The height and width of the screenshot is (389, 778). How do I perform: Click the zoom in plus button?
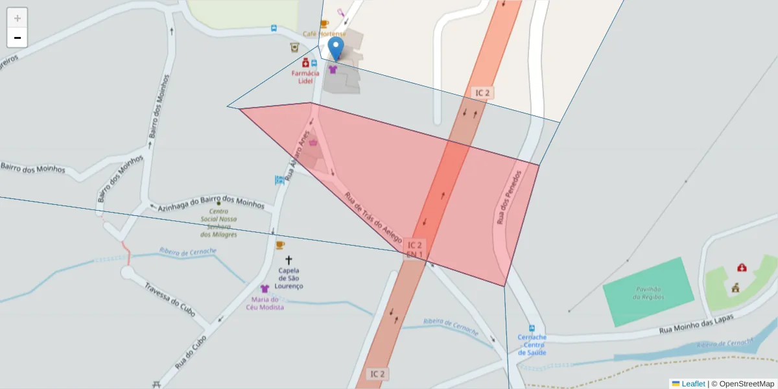point(18,18)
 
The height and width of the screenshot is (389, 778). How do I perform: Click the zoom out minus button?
point(18,38)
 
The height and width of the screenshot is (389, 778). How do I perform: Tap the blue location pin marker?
point(336,49)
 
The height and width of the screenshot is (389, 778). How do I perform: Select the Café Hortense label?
point(324,34)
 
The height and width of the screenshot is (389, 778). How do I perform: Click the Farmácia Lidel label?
point(305,77)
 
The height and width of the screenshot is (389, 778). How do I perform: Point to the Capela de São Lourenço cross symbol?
point(289,260)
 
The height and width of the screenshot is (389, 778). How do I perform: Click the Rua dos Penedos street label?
point(510,198)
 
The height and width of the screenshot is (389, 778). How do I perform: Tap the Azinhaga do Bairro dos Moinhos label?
point(211,203)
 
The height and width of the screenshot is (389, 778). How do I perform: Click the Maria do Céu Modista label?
point(265,303)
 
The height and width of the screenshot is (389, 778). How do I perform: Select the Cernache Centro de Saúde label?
point(532,345)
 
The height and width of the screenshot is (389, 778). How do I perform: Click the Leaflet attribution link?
point(693,384)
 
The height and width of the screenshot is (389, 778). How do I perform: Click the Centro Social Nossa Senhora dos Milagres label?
point(218,223)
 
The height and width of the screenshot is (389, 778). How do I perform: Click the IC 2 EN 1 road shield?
point(415,250)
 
